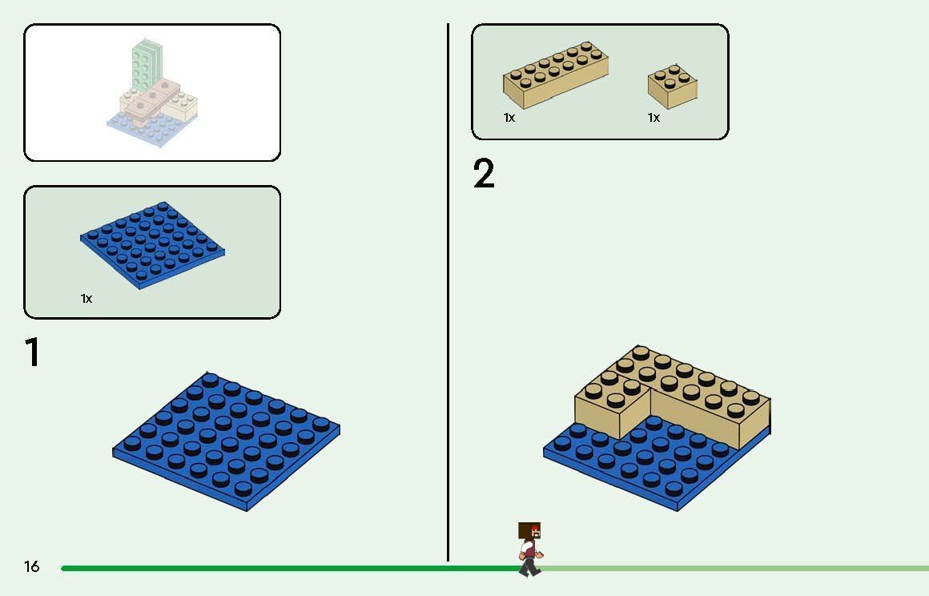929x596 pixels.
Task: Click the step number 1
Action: (x=32, y=352)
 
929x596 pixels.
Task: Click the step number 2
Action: (x=484, y=174)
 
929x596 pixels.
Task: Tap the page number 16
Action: (x=31, y=566)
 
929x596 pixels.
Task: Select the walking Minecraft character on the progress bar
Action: (x=529, y=549)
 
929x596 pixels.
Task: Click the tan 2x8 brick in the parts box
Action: (x=555, y=74)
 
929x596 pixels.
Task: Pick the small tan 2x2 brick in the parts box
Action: (x=673, y=87)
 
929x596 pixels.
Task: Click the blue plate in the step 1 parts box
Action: (x=152, y=245)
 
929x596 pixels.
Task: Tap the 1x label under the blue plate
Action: (x=86, y=299)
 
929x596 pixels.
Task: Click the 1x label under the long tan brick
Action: (x=509, y=118)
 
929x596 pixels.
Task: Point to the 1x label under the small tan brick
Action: (x=654, y=118)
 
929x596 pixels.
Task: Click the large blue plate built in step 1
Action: (x=227, y=441)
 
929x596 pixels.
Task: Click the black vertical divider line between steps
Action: (x=448, y=292)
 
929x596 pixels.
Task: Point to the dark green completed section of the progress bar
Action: (x=290, y=568)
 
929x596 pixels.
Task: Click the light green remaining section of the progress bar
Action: (x=734, y=568)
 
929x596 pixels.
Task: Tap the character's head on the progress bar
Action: (x=529, y=531)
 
